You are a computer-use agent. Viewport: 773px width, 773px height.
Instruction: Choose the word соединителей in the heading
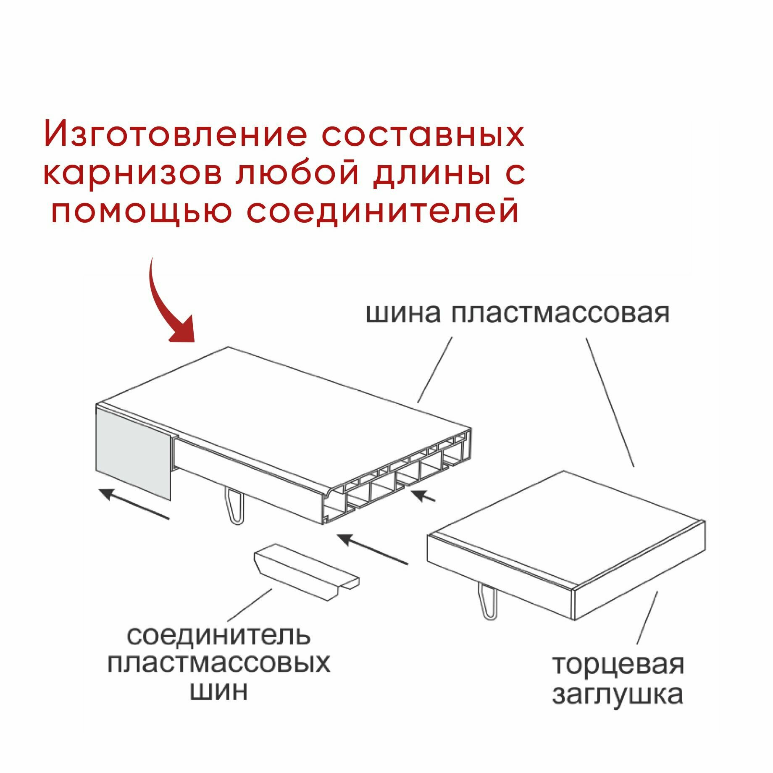pyautogui.click(x=382, y=212)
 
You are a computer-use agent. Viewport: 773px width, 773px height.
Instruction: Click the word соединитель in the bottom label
pyautogui.click(x=218, y=636)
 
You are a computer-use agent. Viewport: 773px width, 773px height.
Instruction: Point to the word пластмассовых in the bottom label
pyautogui.click(x=218, y=664)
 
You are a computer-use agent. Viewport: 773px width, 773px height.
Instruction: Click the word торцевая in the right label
pyautogui.click(x=618, y=666)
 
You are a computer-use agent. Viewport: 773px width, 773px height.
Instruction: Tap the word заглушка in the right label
pyautogui.click(x=617, y=695)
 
